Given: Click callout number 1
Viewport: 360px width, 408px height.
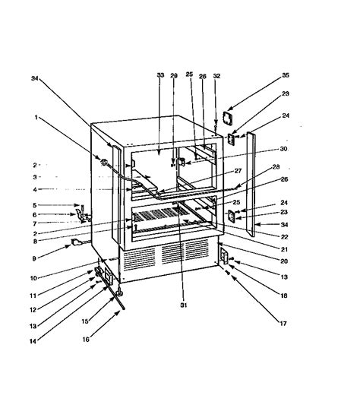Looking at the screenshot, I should click(35, 117).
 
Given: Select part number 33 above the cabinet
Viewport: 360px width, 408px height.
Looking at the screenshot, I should click(159, 76).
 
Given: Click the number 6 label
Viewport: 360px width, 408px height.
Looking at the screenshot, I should click(35, 214).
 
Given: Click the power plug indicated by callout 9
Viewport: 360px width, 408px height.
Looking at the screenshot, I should click(76, 243).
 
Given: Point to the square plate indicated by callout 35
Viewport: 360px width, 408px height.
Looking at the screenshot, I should click(226, 119).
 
